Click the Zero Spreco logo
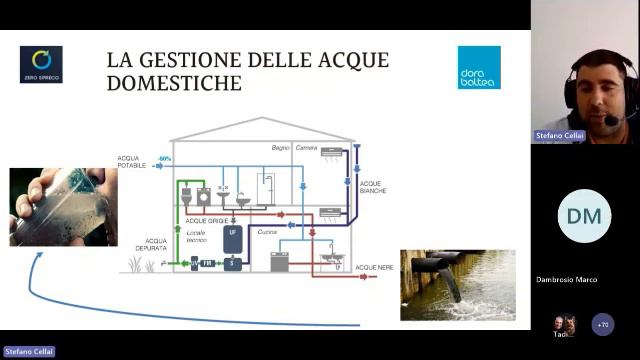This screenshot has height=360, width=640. coord(41,64)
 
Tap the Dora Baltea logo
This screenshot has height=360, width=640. coord(479,67)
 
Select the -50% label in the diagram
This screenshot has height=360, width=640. coord(165,159)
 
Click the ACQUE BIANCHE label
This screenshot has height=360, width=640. coord(372,187)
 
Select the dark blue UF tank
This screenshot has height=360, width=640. coord(233,237)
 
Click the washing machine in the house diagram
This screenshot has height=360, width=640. coord(204,197)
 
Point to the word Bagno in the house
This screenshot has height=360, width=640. coord(281,148)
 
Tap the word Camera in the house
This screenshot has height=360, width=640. coord(306,148)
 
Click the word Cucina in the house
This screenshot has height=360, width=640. coord(267,231)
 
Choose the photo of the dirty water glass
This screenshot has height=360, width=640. coord(57,207)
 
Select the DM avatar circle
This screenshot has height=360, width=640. coord(584,217)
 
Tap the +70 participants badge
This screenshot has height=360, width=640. coord(602,324)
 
